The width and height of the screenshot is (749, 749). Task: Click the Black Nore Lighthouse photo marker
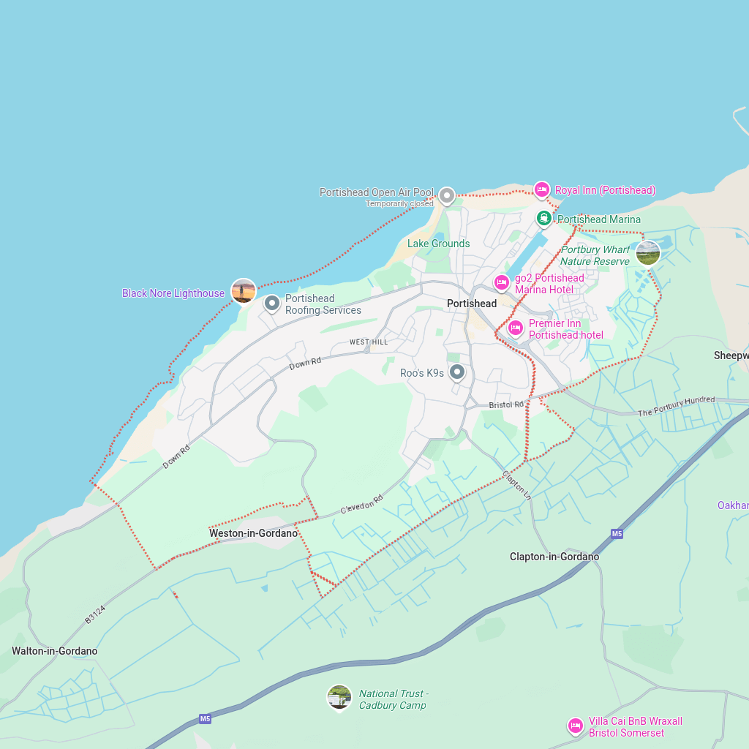243,290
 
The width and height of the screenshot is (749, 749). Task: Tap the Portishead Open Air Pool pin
446,195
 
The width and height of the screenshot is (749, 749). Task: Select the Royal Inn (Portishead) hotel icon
541,189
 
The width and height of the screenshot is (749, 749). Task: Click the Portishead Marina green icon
543,218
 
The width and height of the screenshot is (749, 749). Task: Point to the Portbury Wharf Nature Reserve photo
647,252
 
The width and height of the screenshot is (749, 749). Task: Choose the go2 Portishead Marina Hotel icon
501,282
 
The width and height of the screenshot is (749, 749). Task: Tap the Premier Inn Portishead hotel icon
515,327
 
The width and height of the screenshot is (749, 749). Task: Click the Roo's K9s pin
456,372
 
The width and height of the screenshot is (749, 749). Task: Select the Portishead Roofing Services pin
271,302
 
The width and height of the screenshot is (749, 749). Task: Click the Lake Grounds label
438,244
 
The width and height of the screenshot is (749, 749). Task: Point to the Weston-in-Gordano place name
253,533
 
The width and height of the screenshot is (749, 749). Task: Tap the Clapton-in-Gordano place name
554,557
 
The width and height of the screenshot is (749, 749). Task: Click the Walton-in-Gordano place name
54,651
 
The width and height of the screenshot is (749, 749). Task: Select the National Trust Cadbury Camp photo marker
339,696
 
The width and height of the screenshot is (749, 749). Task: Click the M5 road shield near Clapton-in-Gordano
617,534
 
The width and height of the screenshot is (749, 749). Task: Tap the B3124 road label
94,614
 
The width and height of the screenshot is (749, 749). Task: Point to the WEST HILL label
368,342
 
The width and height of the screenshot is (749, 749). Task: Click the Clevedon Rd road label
361,505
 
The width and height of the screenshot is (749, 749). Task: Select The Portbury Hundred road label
676,406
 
